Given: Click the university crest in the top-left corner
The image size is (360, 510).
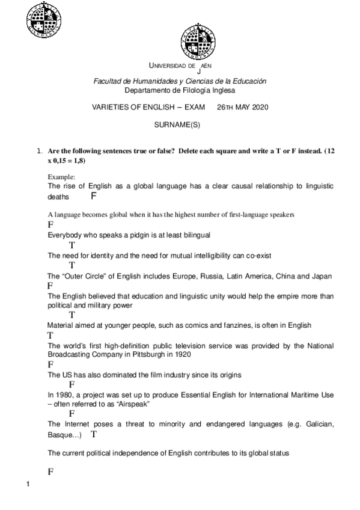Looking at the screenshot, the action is [44, 20].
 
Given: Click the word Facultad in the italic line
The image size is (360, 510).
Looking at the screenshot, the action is [106, 81].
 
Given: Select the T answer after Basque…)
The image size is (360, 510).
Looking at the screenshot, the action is [94, 433].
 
